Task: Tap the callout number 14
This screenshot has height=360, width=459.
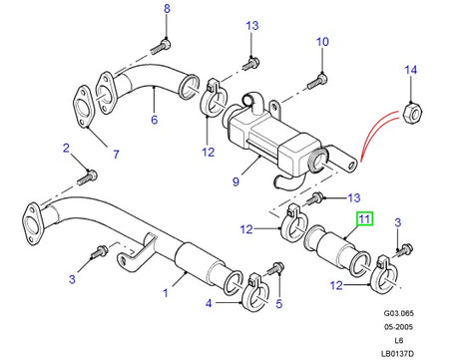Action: [x=409, y=69]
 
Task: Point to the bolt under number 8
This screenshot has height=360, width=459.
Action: [x=161, y=43]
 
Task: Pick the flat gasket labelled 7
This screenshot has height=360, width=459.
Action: [x=78, y=107]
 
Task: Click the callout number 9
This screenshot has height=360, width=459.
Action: [x=235, y=182]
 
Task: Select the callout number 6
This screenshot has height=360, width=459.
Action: [x=154, y=121]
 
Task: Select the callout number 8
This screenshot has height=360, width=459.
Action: [x=168, y=11]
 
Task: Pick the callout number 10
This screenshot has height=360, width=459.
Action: [x=321, y=42]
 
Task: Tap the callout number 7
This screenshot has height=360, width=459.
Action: [x=115, y=155]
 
